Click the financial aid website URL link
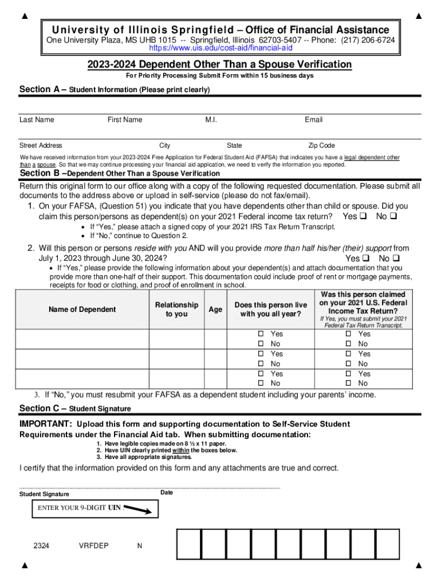click(220, 47)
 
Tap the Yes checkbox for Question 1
click(363, 217)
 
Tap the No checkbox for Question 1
click(394, 217)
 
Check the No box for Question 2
click(395, 259)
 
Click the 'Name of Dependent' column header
click(82, 310)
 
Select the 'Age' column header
click(215, 310)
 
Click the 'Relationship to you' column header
click(176, 310)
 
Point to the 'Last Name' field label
click(37, 120)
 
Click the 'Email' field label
click(313, 120)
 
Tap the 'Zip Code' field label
click(321, 145)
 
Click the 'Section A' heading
click(43, 89)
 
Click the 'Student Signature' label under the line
click(44, 494)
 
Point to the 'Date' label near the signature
click(167, 493)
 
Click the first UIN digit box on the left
click(188, 544)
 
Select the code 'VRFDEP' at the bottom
click(93, 545)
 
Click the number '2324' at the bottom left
click(41, 545)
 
